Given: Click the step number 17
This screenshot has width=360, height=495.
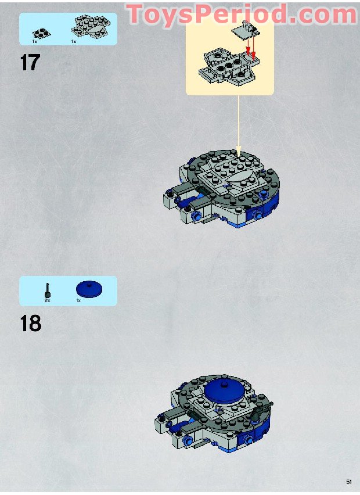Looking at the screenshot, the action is [30, 62].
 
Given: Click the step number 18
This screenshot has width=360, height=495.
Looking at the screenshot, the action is [31, 323].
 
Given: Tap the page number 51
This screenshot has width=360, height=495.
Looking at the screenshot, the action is [348, 482].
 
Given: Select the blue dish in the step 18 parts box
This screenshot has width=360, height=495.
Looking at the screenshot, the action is [89, 289].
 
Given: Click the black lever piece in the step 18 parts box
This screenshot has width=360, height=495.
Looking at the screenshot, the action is [48, 290].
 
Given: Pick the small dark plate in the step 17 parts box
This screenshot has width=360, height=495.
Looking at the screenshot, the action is [41, 33].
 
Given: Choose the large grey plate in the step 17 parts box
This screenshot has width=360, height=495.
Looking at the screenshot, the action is [91, 26].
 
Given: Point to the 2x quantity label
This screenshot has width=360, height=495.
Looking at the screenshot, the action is [48, 301].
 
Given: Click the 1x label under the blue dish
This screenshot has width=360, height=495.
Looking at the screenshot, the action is [78, 301].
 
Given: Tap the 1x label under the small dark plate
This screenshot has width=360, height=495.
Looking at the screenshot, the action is [34, 41].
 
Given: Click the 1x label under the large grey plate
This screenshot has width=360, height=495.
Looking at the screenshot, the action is [74, 41].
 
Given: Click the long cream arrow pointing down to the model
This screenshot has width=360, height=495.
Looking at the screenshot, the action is [239, 125].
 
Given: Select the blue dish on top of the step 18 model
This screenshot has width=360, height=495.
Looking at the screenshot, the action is [224, 392].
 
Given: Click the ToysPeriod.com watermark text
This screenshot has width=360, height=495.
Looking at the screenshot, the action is [242, 14].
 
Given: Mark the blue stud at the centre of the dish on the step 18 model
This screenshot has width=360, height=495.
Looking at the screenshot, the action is [224, 385].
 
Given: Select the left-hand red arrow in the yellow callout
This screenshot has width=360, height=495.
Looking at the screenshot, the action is [249, 46].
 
